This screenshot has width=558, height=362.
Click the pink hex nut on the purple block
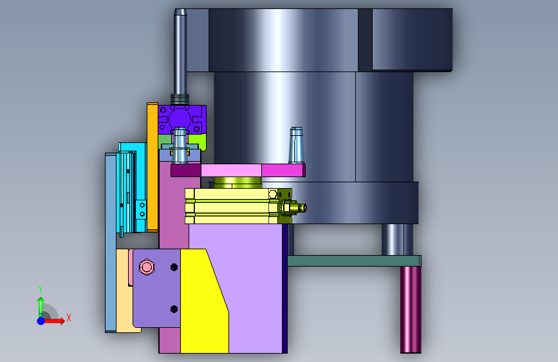coord(146,267)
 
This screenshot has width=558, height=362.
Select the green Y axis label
coord(41,290)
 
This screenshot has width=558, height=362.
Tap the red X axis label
coord(69,318)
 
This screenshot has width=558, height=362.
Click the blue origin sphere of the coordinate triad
coord(41,321)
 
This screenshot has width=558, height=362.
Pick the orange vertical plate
coord(153,167)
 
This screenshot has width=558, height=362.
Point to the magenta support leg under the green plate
coord(411,310)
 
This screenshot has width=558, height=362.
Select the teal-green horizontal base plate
coord(354,261)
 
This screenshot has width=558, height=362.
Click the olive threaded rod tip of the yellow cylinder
coord(302,207)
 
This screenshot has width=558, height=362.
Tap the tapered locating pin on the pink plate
coord(297,146)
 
